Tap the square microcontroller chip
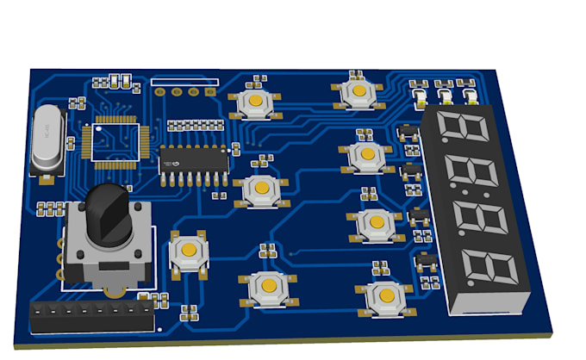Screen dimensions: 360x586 point(115,140)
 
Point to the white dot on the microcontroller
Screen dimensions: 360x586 point(98,129)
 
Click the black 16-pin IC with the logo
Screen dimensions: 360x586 point(194,159)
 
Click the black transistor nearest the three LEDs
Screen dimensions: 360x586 point(408,133)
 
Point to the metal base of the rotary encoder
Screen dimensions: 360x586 point(108,250)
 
